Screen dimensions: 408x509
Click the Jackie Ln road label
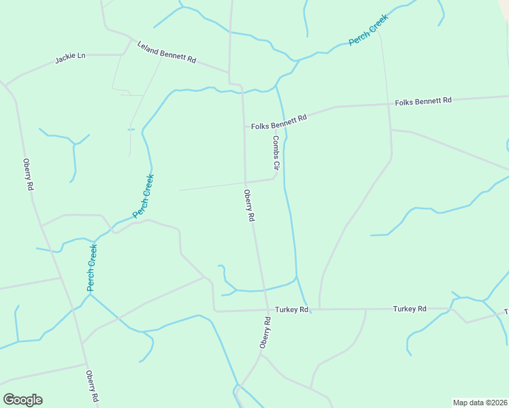click(71, 58)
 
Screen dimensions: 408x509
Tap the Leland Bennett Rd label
click(167, 52)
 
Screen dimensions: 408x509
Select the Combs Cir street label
click(277, 152)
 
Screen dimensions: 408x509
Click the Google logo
click(22, 400)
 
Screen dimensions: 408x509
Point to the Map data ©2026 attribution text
click(480, 403)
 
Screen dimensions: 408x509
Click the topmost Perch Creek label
click(368, 31)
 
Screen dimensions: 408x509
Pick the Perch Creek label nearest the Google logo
click(92, 268)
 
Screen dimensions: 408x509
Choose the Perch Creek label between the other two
click(144, 196)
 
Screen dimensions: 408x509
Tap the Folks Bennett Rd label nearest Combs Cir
click(279, 122)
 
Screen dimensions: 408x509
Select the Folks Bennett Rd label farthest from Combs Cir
click(423, 101)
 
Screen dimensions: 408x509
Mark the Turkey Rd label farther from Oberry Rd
click(410, 309)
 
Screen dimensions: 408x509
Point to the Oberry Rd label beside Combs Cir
click(250, 205)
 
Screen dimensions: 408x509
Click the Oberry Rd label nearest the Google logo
click(93, 386)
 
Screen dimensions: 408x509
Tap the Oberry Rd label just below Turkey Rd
click(265, 333)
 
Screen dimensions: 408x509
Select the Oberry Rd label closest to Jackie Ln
click(28, 174)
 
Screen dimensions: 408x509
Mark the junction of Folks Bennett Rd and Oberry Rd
click(244, 126)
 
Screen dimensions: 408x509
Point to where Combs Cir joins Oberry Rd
click(246, 183)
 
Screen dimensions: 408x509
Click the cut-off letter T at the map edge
click(506, 311)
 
